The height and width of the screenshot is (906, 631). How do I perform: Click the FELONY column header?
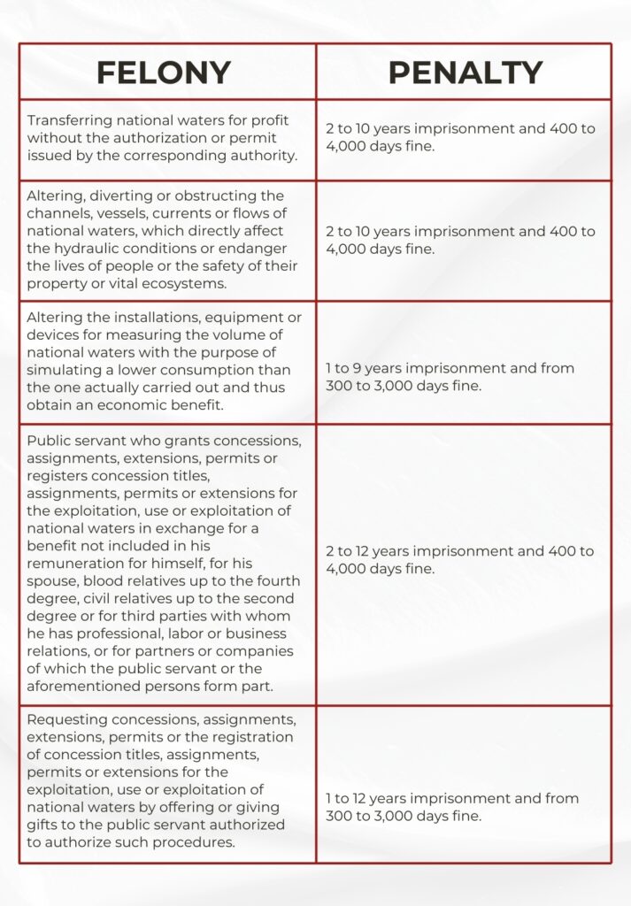pos(164,73)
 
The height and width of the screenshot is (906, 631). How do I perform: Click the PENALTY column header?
pos(465,73)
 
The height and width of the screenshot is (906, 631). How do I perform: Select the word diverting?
pos(115,196)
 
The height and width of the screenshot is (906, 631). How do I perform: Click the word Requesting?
pos(67,720)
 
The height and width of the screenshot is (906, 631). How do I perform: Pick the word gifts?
pos(46,825)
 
